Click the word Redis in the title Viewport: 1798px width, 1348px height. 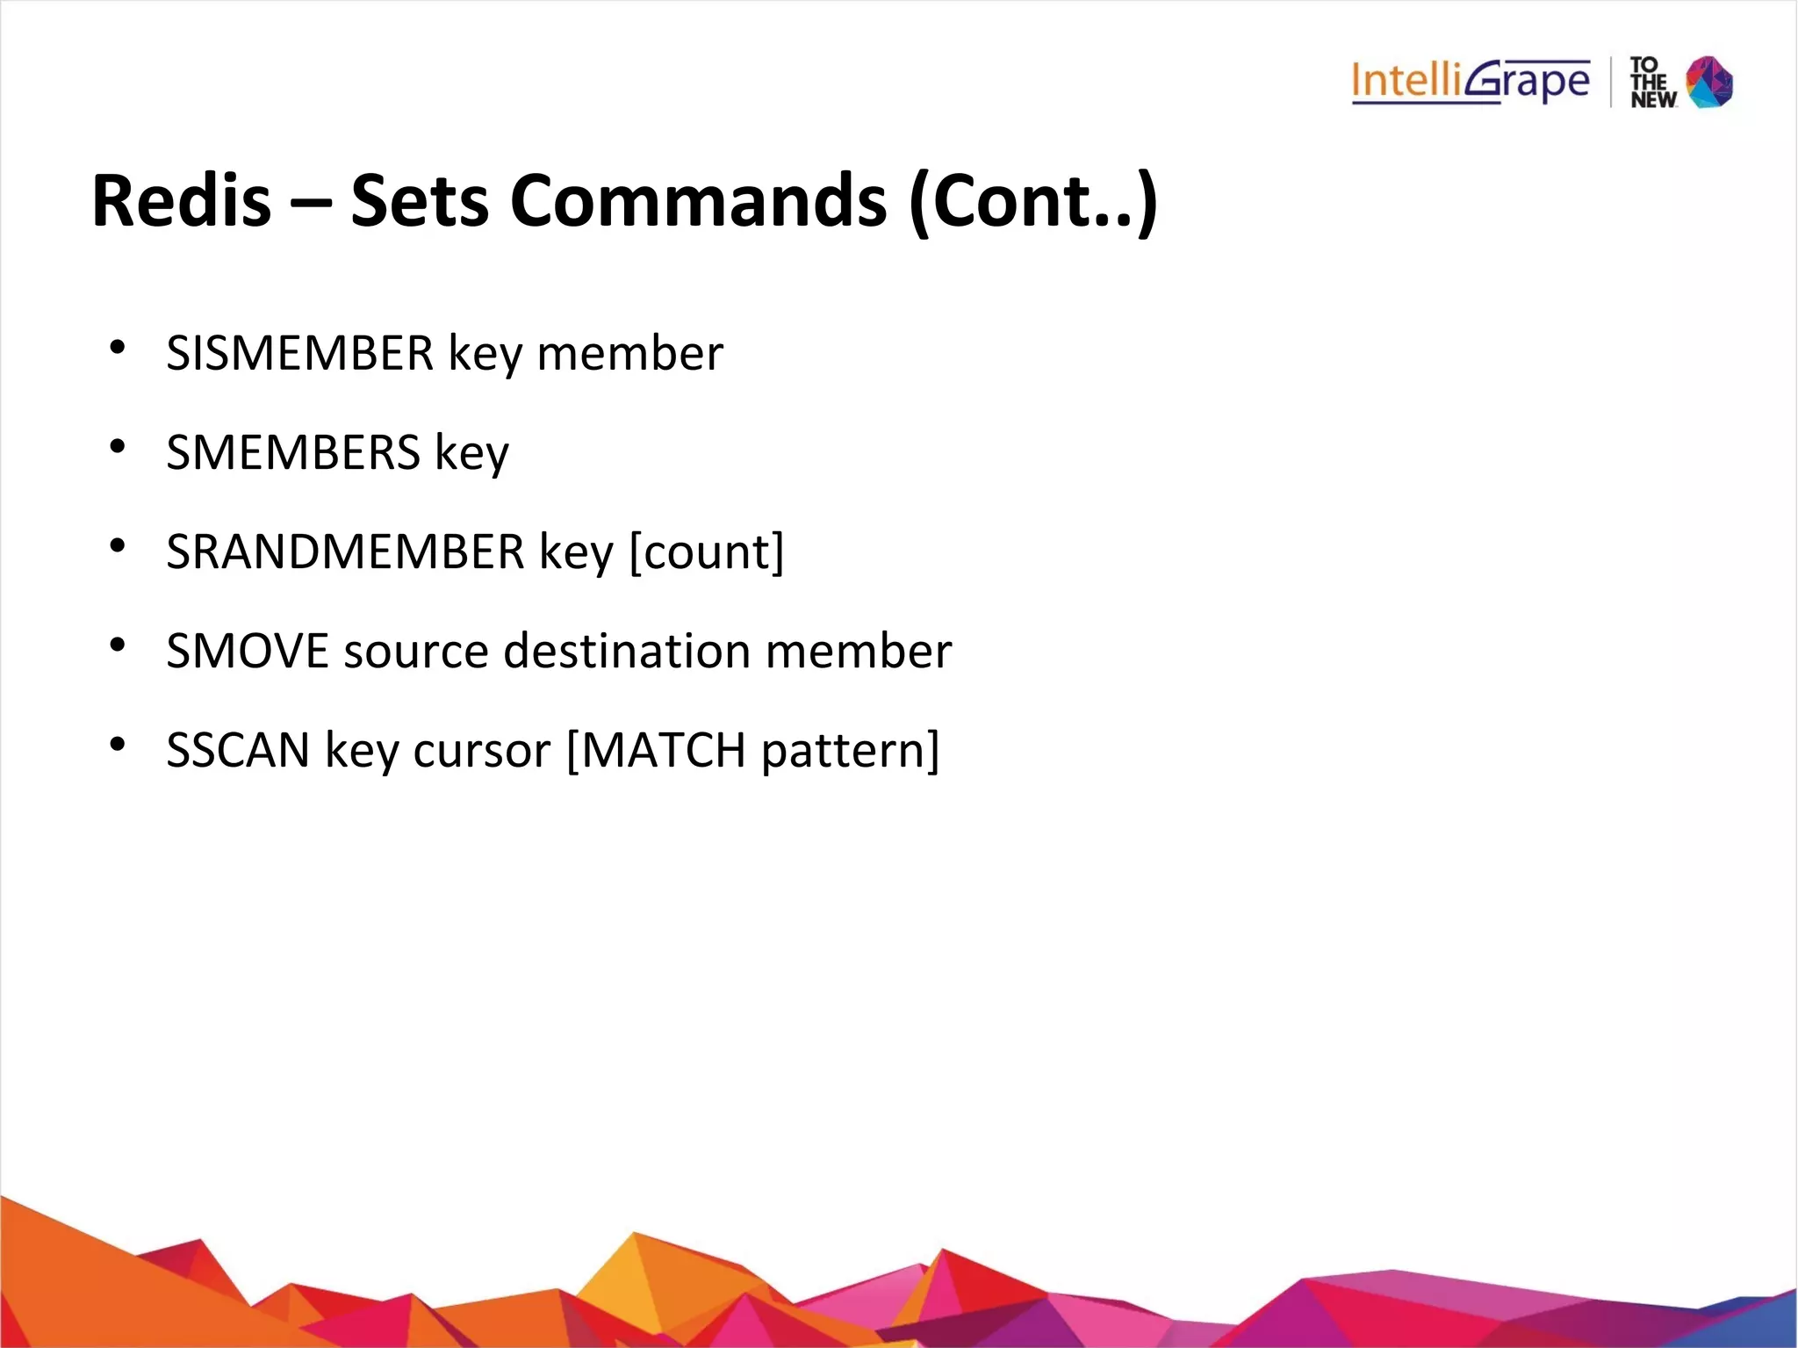point(182,201)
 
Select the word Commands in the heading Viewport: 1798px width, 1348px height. point(698,201)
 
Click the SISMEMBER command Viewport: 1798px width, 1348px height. point(299,353)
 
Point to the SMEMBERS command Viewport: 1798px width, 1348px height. point(293,452)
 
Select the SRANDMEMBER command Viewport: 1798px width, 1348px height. point(345,551)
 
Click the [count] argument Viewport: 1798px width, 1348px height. point(707,552)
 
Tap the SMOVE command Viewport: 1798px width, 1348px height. point(247,651)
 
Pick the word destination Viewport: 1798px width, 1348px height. point(627,651)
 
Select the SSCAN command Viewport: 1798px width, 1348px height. point(238,750)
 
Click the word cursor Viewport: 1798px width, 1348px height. point(481,751)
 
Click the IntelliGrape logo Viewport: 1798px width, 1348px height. point(1471,83)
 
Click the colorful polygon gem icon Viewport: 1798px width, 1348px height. point(1709,82)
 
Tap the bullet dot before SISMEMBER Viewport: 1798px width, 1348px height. point(118,348)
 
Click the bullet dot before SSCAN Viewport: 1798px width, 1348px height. point(118,745)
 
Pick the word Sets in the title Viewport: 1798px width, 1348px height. point(419,201)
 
